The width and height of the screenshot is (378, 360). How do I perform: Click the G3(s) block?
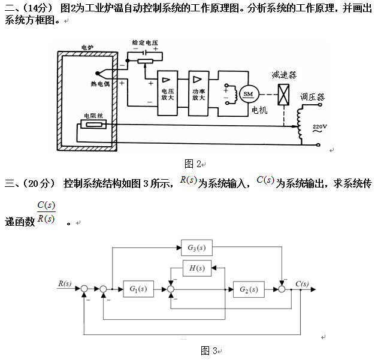tap(196, 247)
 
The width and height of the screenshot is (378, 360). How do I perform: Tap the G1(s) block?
tap(138, 289)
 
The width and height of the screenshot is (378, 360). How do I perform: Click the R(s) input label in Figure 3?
tap(65, 283)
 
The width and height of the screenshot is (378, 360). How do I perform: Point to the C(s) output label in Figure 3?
tap(303, 283)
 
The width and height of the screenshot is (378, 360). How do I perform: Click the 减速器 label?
tap(283, 74)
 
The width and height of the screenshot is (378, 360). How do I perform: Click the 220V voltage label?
tap(320, 126)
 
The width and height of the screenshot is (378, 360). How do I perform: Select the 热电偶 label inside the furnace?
tap(100, 84)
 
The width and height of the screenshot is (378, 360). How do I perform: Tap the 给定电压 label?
tap(146, 44)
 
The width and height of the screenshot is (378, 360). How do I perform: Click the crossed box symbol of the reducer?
tap(284, 93)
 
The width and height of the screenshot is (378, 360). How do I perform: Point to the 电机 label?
tap(259, 110)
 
